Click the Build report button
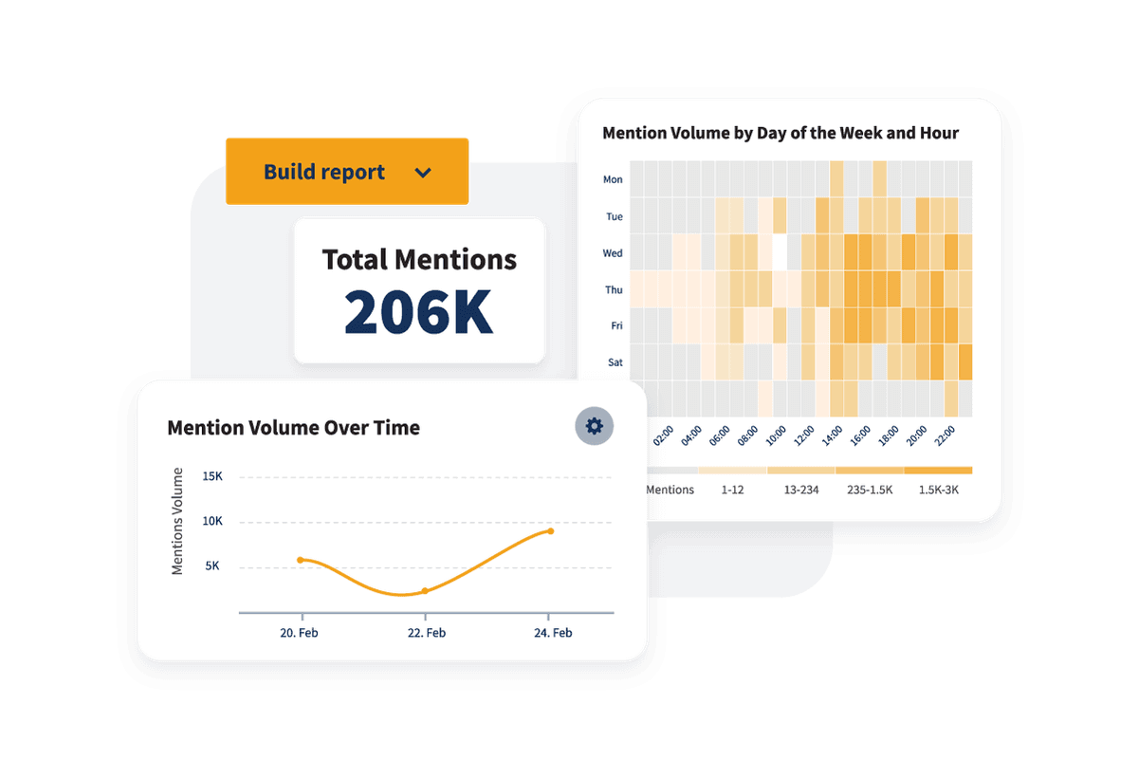[346, 172]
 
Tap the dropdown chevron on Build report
[423, 173]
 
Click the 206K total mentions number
[418, 310]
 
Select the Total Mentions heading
[419, 259]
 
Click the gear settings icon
[595, 426]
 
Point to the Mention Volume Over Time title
[293, 428]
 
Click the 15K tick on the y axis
[211, 476]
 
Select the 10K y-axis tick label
[211, 521]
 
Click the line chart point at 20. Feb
[301, 560]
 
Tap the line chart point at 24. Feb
[550, 531]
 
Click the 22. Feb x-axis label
[426, 633]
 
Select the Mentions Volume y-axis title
[177, 521]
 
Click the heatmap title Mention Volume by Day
[780, 133]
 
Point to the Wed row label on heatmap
[613, 253]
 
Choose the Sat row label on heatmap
[614, 361]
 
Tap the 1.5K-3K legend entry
[938, 490]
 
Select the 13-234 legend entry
[801, 490]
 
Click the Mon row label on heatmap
[613, 179]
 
